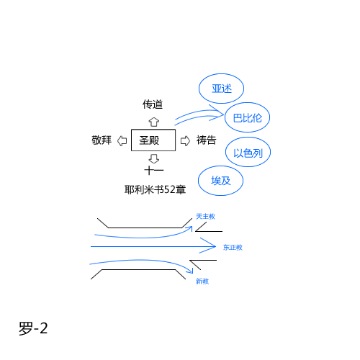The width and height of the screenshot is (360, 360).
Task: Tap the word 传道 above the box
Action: (153, 104)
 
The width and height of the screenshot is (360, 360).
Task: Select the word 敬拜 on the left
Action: (102, 140)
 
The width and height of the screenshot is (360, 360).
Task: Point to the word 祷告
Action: (206, 140)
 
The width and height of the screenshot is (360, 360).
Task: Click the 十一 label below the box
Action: (154, 171)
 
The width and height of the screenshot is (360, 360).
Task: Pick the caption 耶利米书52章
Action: (155, 189)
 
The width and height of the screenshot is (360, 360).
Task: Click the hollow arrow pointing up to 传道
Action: (154, 122)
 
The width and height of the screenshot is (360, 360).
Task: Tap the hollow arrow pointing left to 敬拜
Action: (122, 140)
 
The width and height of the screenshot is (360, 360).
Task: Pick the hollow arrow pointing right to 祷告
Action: (185, 140)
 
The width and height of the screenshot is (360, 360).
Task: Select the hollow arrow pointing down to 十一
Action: (154, 158)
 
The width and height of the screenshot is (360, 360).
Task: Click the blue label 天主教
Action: (205, 217)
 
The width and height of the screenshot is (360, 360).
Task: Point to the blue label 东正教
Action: (233, 248)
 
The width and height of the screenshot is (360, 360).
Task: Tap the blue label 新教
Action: (202, 281)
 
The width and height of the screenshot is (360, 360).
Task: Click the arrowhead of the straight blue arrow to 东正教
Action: (215, 246)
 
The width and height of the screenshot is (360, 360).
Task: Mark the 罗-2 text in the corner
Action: (33, 328)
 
